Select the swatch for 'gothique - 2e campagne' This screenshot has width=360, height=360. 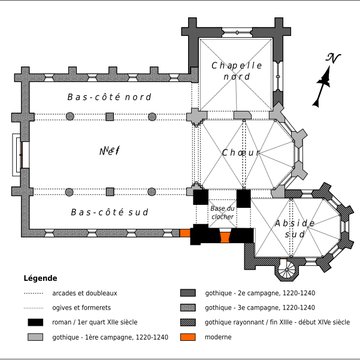point(186,292)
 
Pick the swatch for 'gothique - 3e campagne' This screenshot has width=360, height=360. point(186,308)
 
